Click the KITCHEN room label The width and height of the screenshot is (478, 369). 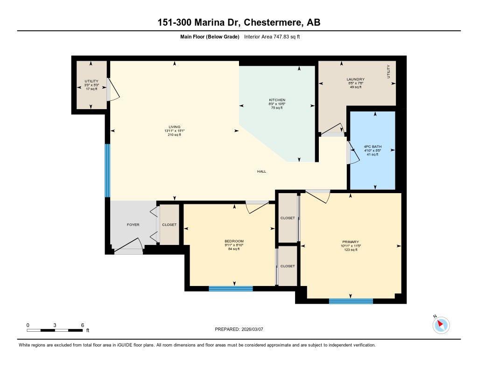277,100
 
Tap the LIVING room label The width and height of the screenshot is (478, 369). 175,127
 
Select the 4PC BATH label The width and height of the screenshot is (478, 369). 373,146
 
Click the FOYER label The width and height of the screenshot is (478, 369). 133,225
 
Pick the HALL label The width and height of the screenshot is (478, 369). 261,172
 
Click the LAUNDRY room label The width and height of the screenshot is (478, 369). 355,79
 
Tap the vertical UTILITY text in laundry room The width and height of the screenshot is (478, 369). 388,72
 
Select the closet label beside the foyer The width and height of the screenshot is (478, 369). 169,225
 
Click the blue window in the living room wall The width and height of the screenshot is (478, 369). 107,170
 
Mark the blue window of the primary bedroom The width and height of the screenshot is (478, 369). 351,301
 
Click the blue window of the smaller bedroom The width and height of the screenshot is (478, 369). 230,288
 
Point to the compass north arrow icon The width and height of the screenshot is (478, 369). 441,325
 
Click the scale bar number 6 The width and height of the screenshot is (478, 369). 82,325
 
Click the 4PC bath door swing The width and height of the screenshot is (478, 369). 353,153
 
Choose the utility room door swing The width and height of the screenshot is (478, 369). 113,90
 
